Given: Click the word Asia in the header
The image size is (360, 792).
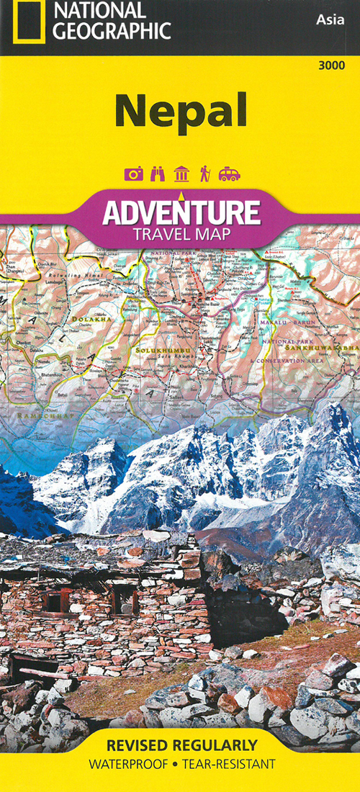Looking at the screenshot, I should coord(330,20).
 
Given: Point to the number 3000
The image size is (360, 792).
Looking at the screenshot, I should coord(330,66).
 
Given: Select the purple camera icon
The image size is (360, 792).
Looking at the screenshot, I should coord(134,174).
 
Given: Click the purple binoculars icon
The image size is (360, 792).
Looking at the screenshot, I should coord(159,174).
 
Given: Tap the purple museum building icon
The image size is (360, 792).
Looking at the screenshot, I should coord(182,174).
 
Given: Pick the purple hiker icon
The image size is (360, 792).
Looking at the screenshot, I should coord(205,174).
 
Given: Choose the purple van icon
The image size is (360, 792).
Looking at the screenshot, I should coord(230,174).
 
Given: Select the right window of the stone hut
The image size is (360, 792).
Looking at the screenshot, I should coord(124,599).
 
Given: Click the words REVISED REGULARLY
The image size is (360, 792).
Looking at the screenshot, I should coord(180,744).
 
